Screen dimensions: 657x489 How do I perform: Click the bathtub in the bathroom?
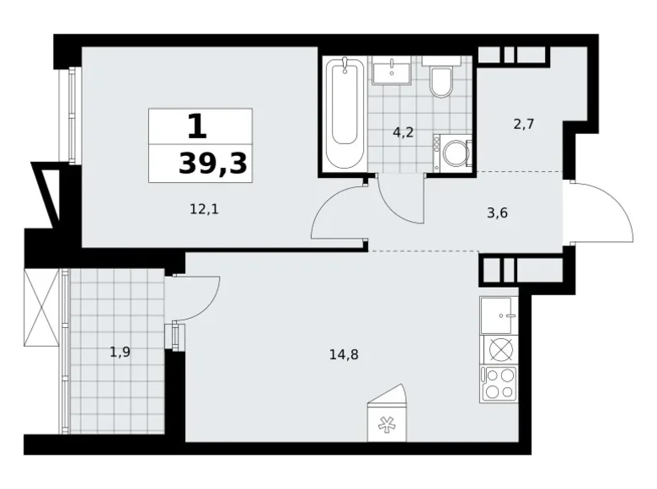(x=345, y=113)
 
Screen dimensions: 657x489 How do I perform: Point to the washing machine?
(x=452, y=153)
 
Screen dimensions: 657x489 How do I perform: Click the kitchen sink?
(x=499, y=315)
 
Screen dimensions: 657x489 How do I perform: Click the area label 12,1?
(x=205, y=209)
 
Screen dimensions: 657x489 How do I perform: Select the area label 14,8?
(x=344, y=355)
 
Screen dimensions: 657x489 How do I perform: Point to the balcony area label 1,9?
(x=120, y=352)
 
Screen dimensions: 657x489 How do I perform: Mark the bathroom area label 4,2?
(x=403, y=133)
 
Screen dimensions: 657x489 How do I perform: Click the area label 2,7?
(x=524, y=125)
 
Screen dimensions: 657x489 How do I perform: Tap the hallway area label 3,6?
(x=497, y=213)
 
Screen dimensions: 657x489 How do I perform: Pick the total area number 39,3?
(x=213, y=164)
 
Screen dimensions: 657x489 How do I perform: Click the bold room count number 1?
(x=197, y=126)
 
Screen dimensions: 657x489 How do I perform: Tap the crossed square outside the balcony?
(x=41, y=308)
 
